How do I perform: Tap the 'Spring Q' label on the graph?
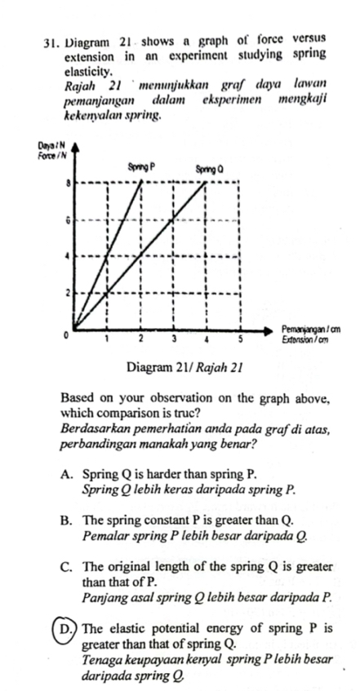click(x=210, y=168)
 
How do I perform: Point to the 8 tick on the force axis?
click(x=68, y=184)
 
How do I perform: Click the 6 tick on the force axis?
click(x=68, y=220)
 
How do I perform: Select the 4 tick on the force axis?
click(x=68, y=256)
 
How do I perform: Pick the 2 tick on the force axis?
click(x=68, y=292)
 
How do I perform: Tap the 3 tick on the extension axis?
click(x=173, y=338)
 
